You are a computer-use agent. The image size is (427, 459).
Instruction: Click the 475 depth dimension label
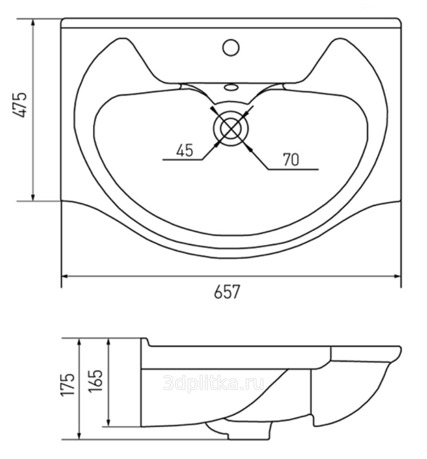(20, 105)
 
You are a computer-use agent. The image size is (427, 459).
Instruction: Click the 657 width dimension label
(227, 292)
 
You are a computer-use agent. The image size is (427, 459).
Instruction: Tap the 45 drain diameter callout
(185, 150)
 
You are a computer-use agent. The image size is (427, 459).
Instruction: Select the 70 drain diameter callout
(291, 160)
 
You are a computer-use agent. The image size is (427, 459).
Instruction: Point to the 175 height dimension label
(68, 384)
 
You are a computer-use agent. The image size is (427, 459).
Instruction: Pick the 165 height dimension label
(96, 380)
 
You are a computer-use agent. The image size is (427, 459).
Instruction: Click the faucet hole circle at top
(231, 48)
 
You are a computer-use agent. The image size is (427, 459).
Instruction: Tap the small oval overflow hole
(231, 87)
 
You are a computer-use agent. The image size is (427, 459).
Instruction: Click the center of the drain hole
(231, 129)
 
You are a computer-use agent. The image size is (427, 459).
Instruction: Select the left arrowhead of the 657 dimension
(65, 276)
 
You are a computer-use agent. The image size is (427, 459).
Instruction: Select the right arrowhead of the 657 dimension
(397, 276)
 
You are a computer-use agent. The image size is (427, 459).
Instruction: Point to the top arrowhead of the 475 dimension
(33, 23)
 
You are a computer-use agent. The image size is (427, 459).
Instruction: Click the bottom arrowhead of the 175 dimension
(80, 435)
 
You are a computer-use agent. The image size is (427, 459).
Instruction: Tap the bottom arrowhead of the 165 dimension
(109, 422)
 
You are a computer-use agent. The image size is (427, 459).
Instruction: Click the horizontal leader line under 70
(293, 169)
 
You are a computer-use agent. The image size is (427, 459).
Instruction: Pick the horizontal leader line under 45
(182, 160)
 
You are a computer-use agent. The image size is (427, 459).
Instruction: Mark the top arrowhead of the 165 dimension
(109, 342)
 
